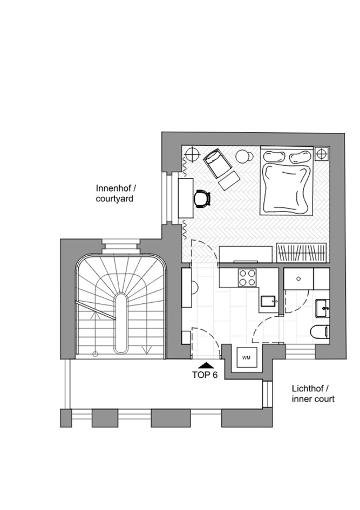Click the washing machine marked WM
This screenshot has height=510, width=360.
(x=247, y=357)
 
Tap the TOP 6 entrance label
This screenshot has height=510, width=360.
(x=205, y=375)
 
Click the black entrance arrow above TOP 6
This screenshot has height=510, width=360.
(x=206, y=365)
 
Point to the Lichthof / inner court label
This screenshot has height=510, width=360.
(x=313, y=393)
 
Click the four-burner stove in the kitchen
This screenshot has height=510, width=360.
(x=247, y=278)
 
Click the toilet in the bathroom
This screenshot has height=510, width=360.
(x=320, y=332)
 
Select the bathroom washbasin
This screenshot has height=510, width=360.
(x=323, y=308)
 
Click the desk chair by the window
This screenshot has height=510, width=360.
(x=202, y=198)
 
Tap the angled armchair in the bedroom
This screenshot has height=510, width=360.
(x=218, y=163)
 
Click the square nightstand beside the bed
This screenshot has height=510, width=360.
(x=322, y=153)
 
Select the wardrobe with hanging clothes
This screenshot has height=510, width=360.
(x=302, y=253)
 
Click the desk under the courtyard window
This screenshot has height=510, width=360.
(x=186, y=198)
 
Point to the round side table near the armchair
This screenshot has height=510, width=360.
(x=243, y=157)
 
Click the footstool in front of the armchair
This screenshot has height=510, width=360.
(x=229, y=180)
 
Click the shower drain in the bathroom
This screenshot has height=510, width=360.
(x=298, y=278)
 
